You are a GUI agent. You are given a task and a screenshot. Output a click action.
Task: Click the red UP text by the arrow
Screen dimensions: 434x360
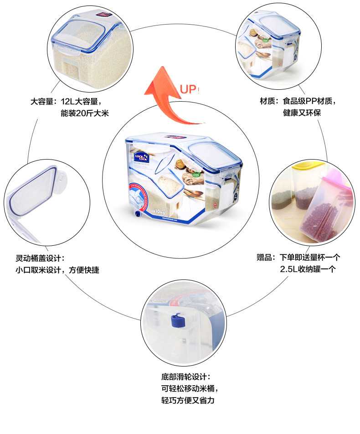click(188, 89)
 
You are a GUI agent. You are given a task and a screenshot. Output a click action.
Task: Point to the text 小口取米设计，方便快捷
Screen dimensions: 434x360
click(57, 270)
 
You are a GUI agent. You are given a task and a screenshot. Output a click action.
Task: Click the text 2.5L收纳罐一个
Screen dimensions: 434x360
click(308, 269)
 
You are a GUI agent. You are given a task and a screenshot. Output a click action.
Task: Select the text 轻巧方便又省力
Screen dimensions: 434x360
click(187, 401)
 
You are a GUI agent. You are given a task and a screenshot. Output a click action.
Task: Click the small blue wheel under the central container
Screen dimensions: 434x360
click(137, 214)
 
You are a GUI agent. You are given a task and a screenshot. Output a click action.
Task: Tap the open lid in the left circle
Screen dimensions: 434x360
click(34, 191)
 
